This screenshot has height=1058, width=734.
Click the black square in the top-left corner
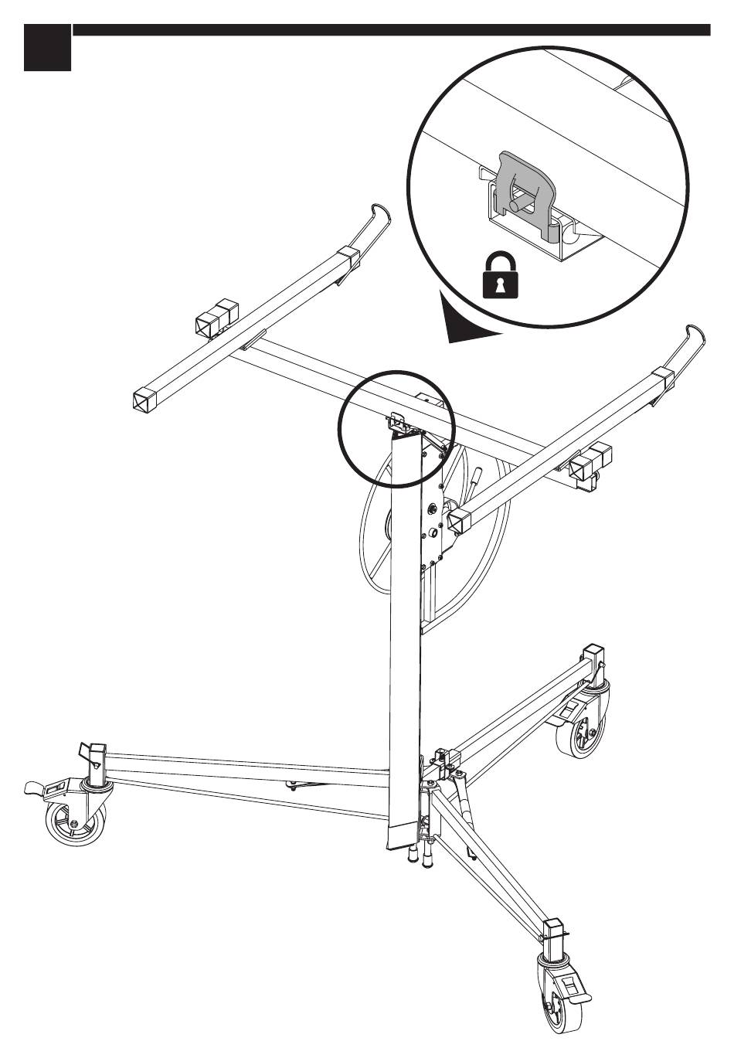pyautogui.click(x=47, y=47)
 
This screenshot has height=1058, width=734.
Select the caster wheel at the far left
pyautogui.click(x=69, y=823)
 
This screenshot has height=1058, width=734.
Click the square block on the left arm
pyautogui.click(x=218, y=318)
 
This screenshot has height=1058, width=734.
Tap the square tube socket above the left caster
pyautogui.click(x=97, y=754)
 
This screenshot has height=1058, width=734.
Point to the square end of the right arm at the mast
pyautogui.click(x=457, y=522)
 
